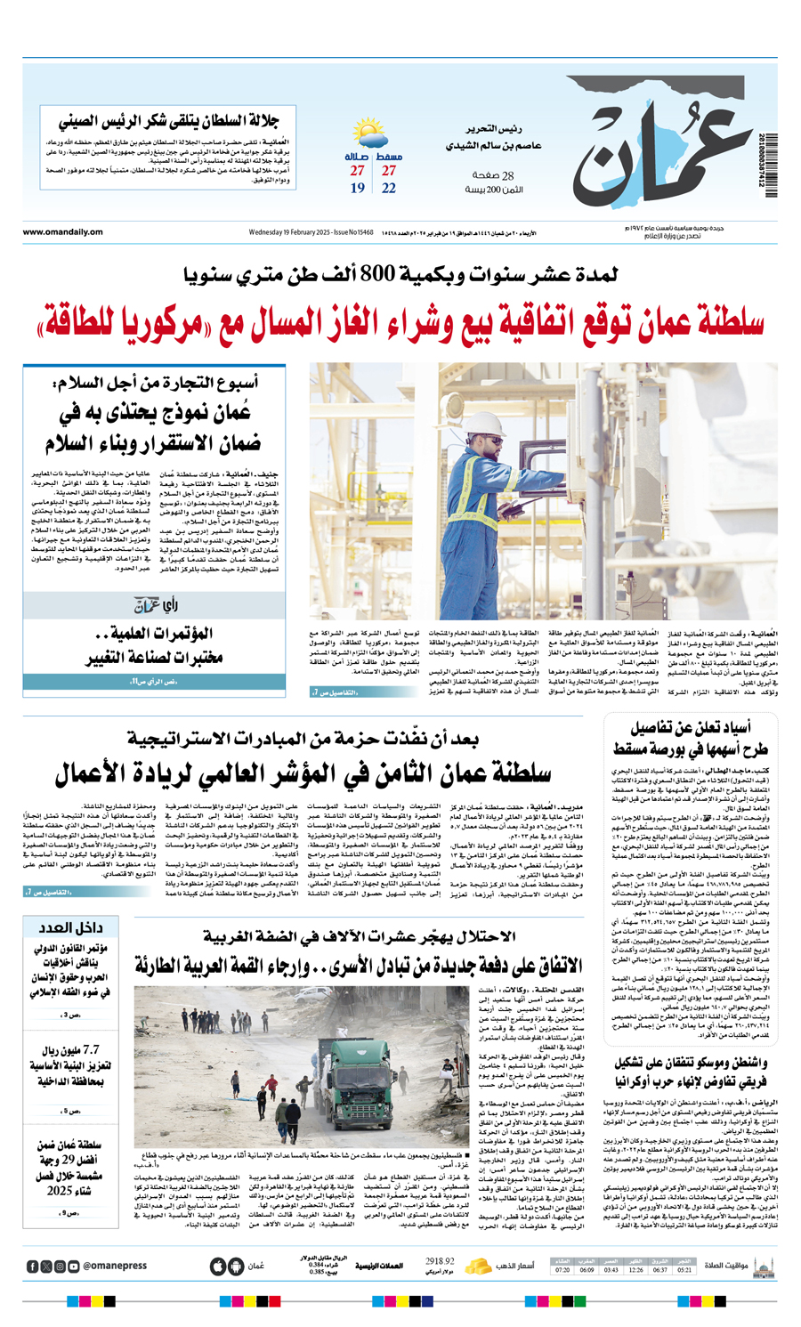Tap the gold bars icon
point(480,1265)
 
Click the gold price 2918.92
point(440,1261)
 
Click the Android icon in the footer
point(236,1266)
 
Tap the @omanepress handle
point(115,1266)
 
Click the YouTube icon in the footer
point(74,1266)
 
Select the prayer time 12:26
point(635,1270)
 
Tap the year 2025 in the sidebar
point(60,1191)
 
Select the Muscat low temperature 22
point(389,188)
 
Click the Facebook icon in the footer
point(33,1266)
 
